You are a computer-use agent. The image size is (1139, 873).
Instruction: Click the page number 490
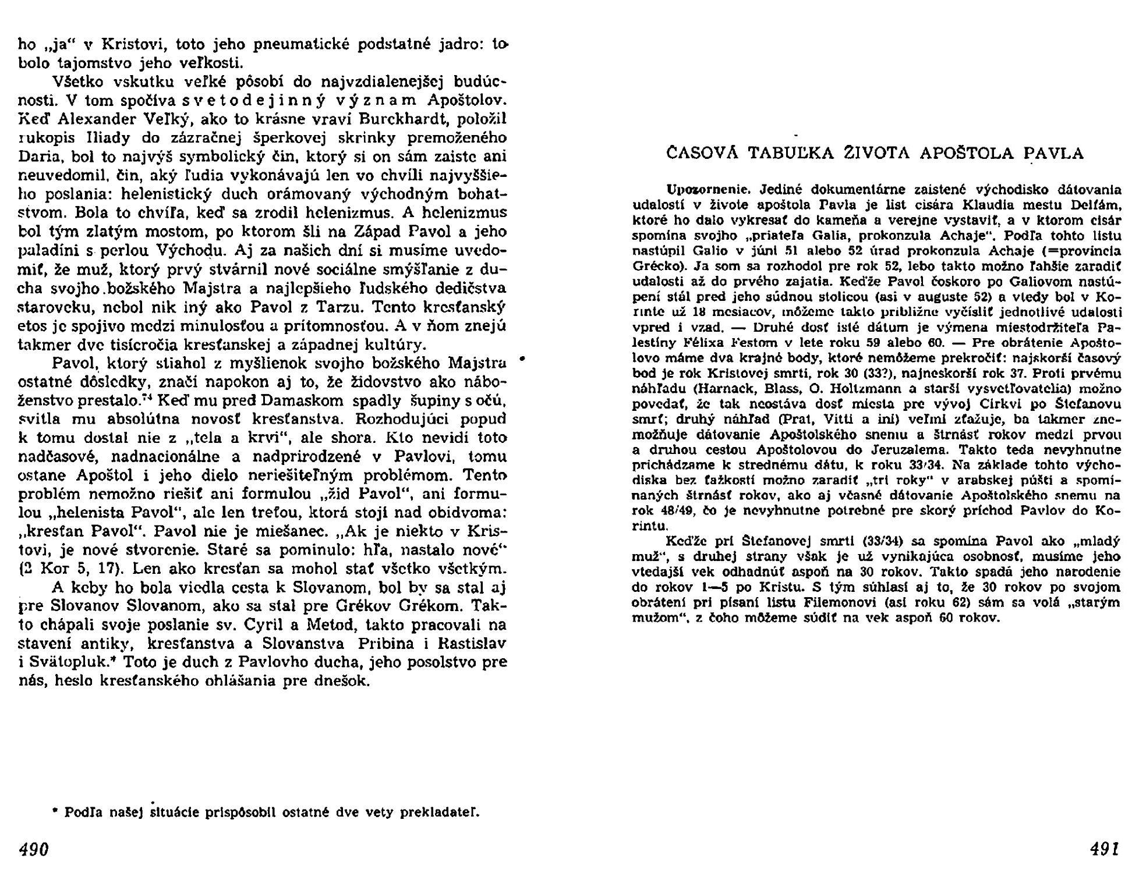click(34, 849)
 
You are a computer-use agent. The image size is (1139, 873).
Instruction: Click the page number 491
click(1104, 849)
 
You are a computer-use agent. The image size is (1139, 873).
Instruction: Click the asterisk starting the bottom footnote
click(55, 811)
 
